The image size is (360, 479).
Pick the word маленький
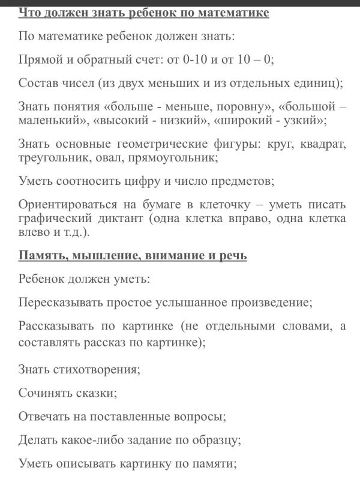[x=51, y=121]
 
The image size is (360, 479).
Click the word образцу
[x=213, y=440]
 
